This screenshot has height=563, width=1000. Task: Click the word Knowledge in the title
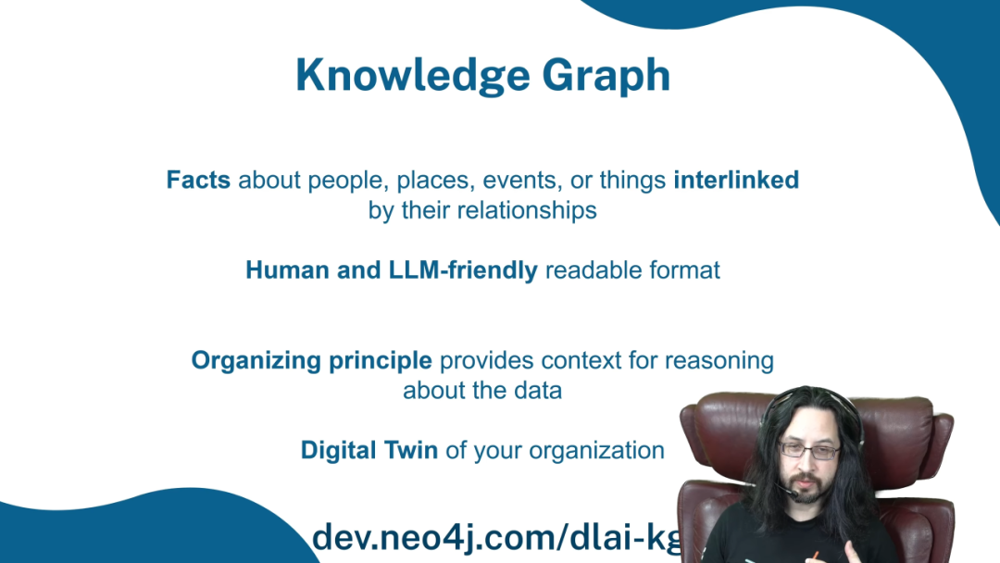413,76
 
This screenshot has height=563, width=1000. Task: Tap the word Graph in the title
606,76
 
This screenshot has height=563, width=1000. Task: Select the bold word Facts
198,180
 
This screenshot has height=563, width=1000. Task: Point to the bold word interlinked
736,180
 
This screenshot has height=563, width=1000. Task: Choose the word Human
288,270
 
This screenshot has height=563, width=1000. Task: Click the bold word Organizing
256,361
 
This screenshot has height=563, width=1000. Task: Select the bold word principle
381,361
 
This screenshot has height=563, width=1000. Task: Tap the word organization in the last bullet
596,451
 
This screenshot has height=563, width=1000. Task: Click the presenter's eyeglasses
808,451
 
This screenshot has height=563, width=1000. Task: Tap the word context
581,361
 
